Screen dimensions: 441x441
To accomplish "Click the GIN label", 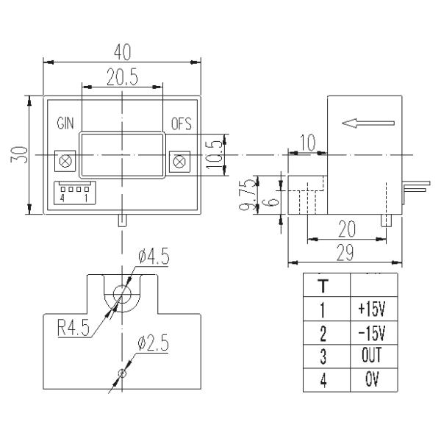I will pyautogui.click(x=65, y=123).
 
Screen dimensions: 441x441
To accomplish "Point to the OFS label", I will pyautogui.click(x=180, y=123).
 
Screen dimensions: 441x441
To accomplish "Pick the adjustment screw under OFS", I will pyautogui.click(x=179, y=159).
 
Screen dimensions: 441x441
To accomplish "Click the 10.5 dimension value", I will pyautogui.click(x=214, y=154).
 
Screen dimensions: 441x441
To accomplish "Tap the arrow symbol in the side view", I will pyautogui.click(x=368, y=123).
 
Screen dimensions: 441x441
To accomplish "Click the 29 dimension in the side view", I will pyautogui.click(x=344, y=253).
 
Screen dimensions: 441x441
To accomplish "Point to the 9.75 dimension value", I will pyautogui.click(x=250, y=195).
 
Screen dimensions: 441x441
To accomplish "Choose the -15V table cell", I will pyautogui.click(x=374, y=333).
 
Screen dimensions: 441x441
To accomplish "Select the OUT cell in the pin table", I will pyautogui.click(x=374, y=357).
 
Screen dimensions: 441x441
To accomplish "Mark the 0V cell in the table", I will pyautogui.click(x=374, y=381).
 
